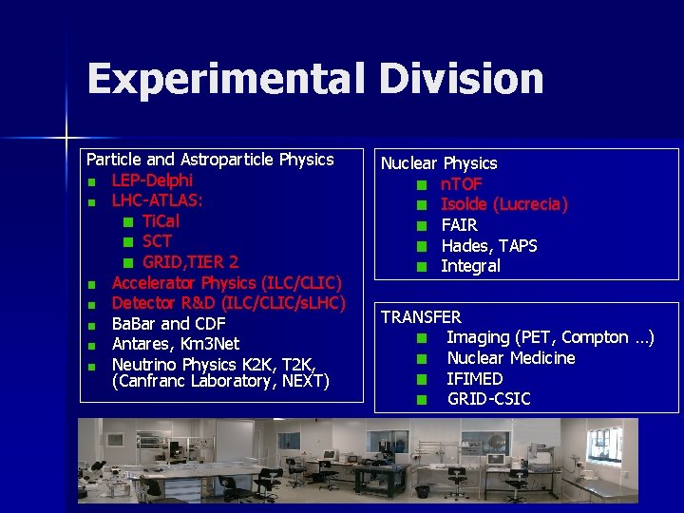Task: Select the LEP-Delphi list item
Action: (152, 180)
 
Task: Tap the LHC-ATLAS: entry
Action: (157, 200)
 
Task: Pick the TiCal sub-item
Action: (161, 221)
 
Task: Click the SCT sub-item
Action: (157, 241)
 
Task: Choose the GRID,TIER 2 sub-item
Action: (190, 262)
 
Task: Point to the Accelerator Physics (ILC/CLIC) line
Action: (226, 283)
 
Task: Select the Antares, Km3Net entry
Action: (175, 344)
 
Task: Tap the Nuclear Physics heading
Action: (439, 163)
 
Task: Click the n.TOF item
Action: (462, 184)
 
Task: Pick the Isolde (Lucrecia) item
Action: (504, 204)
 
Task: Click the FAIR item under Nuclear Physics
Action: (459, 225)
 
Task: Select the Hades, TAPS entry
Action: (489, 246)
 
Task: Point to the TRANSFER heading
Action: (421, 317)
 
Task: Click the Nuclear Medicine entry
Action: (511, 358)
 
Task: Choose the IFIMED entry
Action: (475, 379)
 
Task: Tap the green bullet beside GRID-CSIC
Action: (422, 400)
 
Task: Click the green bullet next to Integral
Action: (422, 267)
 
